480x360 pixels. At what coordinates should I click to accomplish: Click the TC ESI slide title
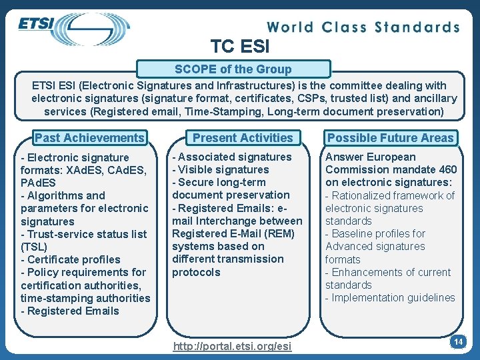(x=240, y=47)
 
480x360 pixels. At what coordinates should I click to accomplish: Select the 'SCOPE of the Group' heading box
(x=233, y=69)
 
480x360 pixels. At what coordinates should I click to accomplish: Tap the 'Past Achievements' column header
(x=89, y=138)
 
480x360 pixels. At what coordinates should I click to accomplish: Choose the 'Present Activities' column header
(x=243, y=138)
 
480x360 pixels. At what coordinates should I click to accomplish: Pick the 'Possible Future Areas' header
(x=391, y=138)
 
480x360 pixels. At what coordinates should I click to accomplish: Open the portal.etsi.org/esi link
(x=231, y=346)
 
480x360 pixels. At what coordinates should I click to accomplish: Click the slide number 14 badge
(x=458, y=342)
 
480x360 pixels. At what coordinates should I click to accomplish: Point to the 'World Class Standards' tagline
(x=363, y=27)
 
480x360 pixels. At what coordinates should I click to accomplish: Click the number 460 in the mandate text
(x=447, y=169)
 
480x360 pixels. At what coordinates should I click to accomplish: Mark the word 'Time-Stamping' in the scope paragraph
(x=219, y=111)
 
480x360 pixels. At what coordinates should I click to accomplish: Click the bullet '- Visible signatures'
(x=221, y=169)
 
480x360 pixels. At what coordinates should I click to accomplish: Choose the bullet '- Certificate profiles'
(x=71, y=259)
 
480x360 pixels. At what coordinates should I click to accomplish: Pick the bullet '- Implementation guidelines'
(x=390, y=297)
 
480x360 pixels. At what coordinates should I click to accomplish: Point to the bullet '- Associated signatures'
(x=232, y=157)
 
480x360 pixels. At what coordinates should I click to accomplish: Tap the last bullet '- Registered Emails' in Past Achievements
(x=70, y=311)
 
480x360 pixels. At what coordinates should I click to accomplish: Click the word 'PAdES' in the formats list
(x=38, y=182)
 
